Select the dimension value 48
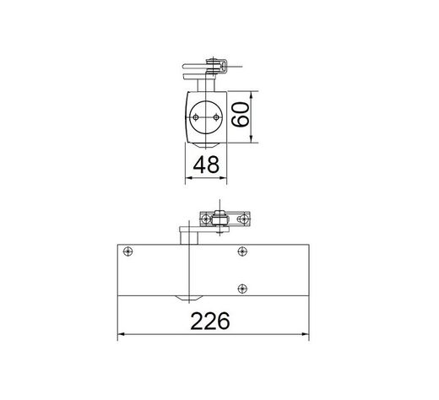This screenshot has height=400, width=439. (x=208, y=166)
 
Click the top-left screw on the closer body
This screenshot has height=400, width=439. (x=127, y=251)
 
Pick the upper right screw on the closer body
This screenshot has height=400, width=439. (x=242, y=251)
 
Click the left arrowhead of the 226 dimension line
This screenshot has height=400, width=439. (x=119, y=336)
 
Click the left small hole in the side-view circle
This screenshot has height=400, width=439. (x=197, y=118)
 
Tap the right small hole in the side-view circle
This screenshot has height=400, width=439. (x=218, y=118)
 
